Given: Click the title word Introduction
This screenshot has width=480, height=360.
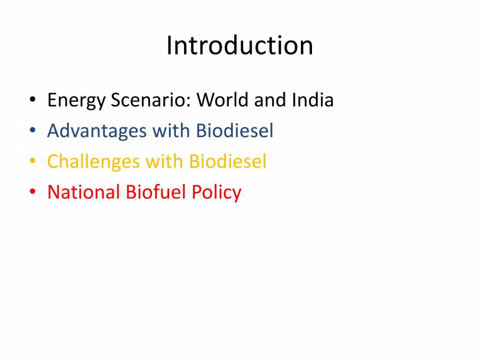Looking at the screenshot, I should click(239, 45).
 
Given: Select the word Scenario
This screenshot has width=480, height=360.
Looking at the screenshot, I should click(150, 100).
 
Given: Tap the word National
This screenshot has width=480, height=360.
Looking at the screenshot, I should click(84, 192).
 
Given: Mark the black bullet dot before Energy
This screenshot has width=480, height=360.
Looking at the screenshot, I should click(33, 100).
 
